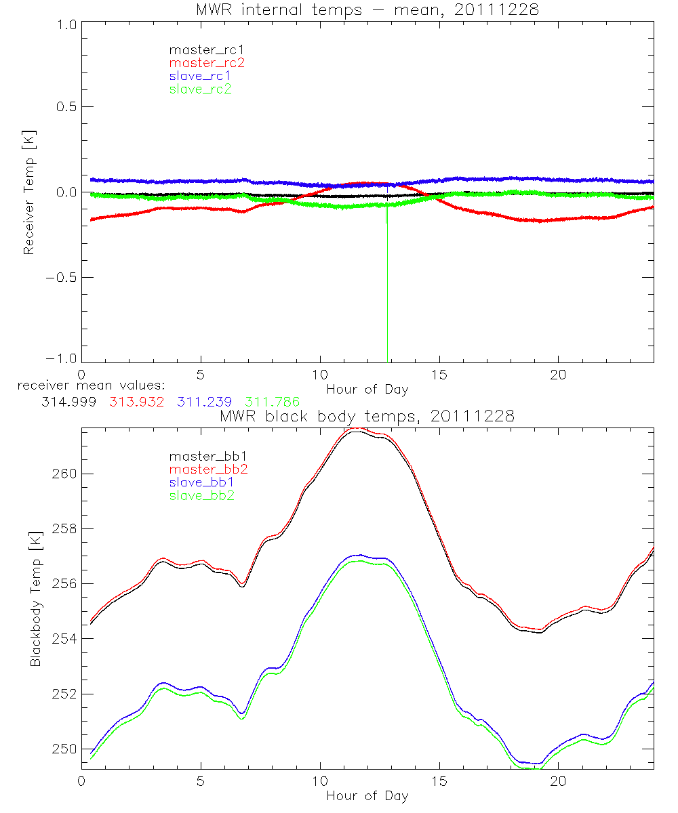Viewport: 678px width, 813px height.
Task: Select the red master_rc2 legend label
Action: pyautogui.click(x=206, y=62)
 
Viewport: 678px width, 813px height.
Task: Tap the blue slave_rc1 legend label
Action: pyautogui.click(x=200, y=75)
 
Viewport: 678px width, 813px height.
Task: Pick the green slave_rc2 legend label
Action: pyautogui.click(x=200, y=88)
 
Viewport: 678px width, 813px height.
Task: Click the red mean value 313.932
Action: pyautogui.click(x=134, y=401)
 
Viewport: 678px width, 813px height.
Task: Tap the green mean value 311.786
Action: pyautogui.click(x=273, y=401)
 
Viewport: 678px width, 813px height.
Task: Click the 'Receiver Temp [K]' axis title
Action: pyautogui.click(x=29, y=192)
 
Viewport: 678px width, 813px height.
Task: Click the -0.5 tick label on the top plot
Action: pyautogui.click(x=61, y=278)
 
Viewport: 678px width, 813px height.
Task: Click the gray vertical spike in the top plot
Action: pyautogui.click(x=387, y=291)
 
